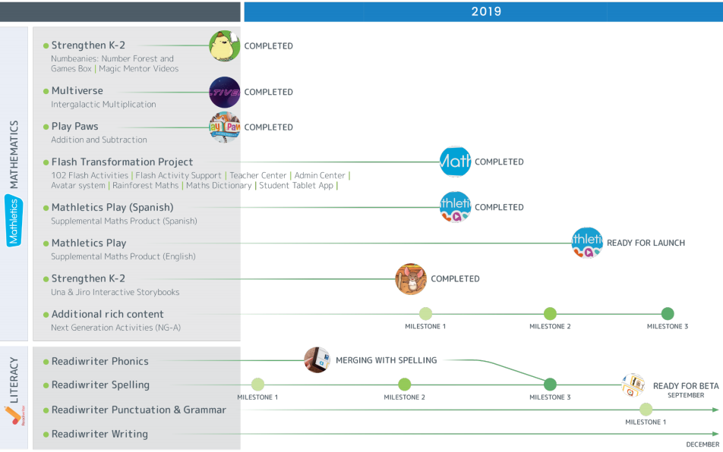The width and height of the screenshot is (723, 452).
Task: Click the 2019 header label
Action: click(486, 11)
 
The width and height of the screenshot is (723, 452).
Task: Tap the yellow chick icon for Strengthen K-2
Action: click(225, 46)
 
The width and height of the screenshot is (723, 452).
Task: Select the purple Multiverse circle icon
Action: click(225, 92)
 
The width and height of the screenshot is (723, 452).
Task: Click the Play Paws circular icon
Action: click(225, 127)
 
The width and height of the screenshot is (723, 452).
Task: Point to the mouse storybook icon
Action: click(411, 279)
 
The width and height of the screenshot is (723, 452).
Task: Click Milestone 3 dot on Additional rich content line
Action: click(668, 314)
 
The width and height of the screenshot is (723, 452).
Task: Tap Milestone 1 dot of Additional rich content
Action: click(425, 314)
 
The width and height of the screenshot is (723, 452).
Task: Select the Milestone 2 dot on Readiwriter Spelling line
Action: click(404, 385)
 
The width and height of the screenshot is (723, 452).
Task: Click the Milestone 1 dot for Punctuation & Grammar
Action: click(646, 410)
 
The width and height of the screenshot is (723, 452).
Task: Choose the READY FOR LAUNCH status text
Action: click(646, 243)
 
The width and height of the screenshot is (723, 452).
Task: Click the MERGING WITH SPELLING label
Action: click(386, 360)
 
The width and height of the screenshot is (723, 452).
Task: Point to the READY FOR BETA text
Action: click(686, 386)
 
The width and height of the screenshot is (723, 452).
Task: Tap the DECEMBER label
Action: click(702, 444)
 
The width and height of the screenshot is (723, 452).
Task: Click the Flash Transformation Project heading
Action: click(122, 162)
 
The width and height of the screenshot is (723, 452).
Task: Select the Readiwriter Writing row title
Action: click(99, 434)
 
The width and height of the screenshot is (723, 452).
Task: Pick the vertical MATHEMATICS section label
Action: click(14, 155)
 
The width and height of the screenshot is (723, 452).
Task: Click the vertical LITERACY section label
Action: click(14, 380)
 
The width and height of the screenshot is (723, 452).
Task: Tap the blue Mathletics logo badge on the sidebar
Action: click(14, 221)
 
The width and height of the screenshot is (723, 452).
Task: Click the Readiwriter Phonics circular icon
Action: click(317, 360)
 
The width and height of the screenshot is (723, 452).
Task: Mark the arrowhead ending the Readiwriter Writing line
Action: click(715, 434)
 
